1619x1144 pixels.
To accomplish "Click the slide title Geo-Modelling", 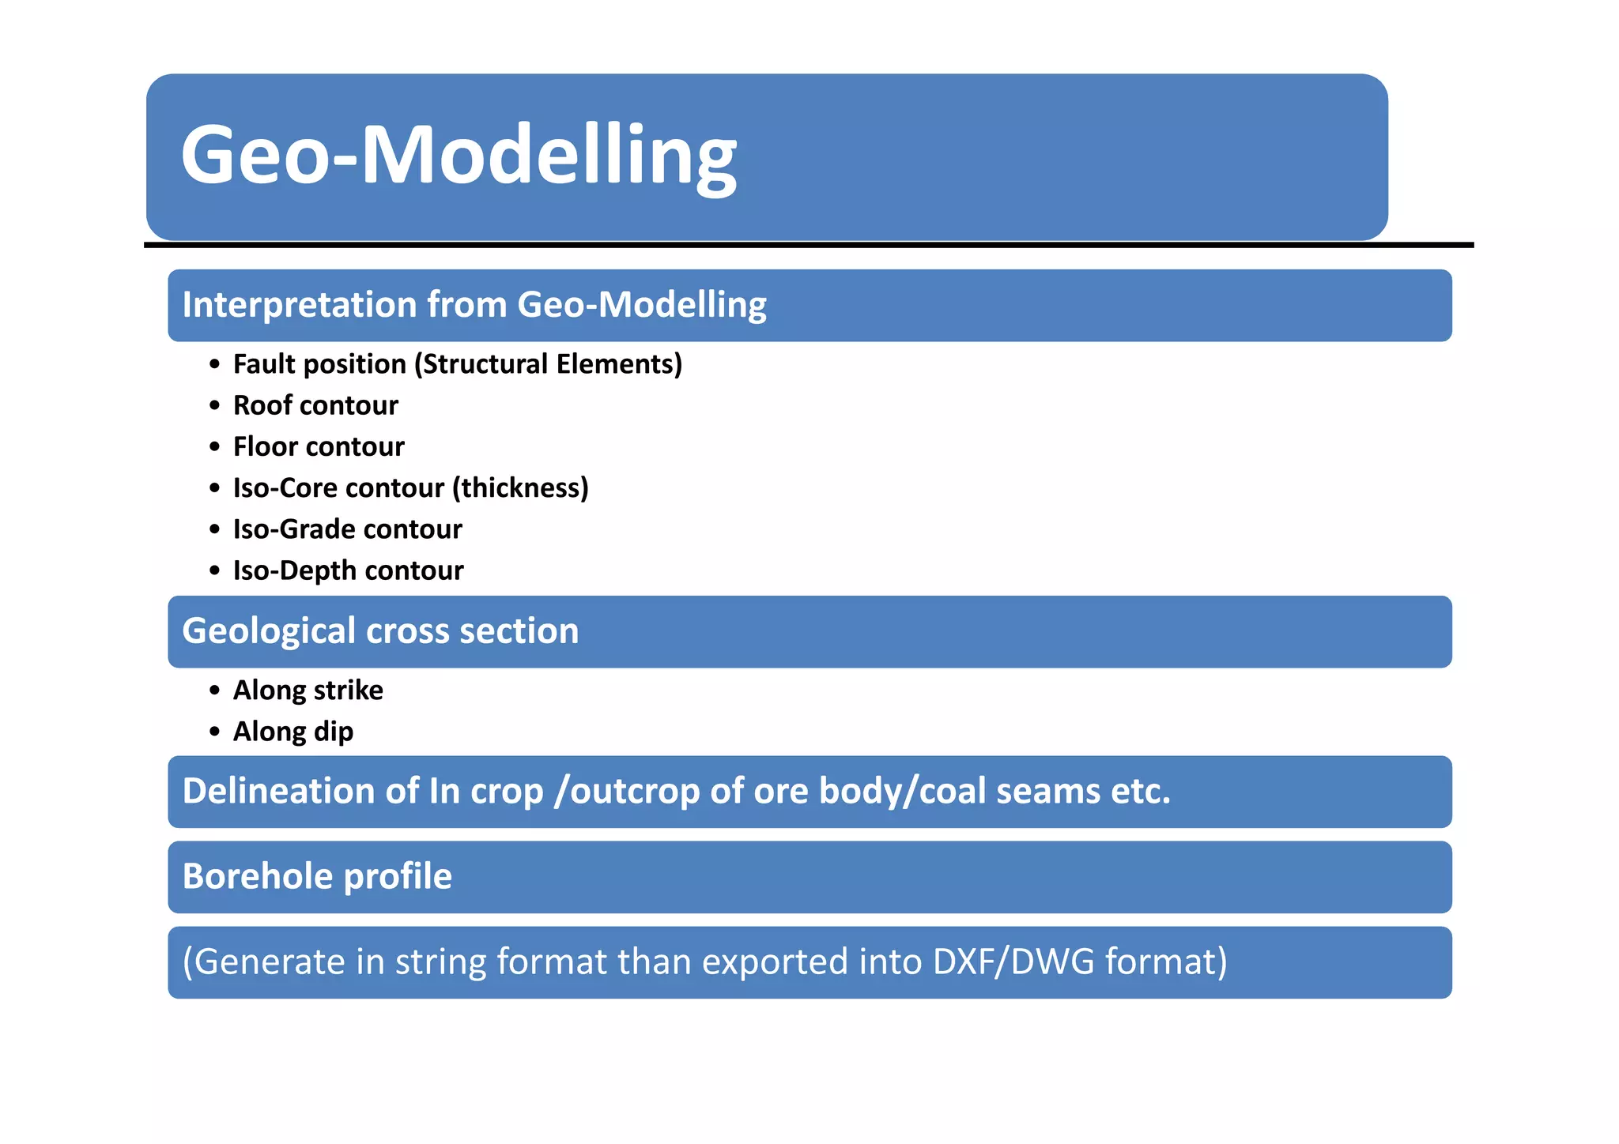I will click(459, 155).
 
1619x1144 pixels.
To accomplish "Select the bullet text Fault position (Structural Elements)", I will click(457, 364).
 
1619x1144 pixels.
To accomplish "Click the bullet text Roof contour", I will click(315, 405).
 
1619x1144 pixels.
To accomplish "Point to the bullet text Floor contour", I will click(319, 447).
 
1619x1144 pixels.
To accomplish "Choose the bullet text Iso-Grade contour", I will click(347, 529).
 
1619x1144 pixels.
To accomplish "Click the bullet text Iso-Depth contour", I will click(348, 570).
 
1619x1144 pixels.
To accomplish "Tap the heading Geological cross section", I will click(380, 631).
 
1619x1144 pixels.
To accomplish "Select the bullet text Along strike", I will click(308, 691).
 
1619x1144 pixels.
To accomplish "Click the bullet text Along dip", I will click(292, 732).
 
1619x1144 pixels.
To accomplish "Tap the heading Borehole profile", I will click(317, 877).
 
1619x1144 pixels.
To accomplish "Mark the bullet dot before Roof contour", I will click(214, 406).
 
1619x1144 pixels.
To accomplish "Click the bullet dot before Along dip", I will click(214, 732).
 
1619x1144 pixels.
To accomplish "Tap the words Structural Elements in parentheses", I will click(552, 364).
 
